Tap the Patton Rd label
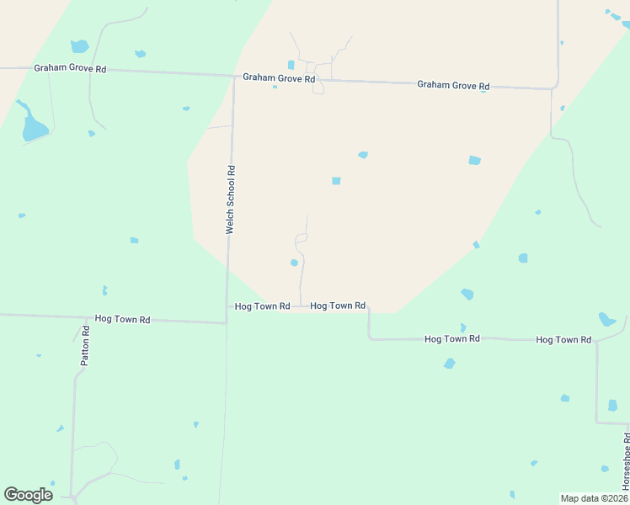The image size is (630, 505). pos(85,345)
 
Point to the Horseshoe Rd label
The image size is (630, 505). pos(626,461)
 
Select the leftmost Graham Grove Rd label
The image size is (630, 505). pos(70,68)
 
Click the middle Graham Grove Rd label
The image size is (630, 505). pos(279,77)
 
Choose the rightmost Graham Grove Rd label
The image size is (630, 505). pos(453,85)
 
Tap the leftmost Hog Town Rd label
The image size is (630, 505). pos(122,319)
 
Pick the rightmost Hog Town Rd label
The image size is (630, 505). pos(564,339)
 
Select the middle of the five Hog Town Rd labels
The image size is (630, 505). pos(338,306)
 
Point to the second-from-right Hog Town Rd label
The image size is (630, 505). pos(451,338)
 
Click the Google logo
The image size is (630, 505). pos(28,495)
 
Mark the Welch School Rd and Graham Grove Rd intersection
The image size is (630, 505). pos(233,76)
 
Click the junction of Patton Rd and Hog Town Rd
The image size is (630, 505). pos(86,317)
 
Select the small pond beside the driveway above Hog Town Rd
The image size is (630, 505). pos(294,263)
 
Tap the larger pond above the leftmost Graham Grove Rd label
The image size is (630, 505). pos(79,46)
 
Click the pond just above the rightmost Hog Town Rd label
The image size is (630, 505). pos(606,320)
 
